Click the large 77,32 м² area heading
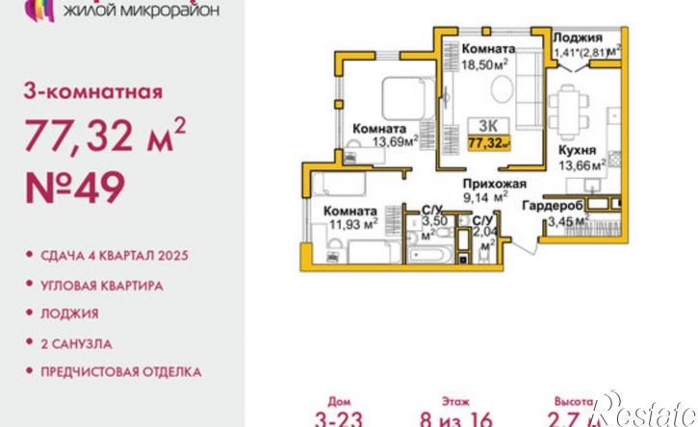coord(101,138)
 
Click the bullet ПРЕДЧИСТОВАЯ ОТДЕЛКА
coord(121,370)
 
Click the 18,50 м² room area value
coord(487,63)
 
